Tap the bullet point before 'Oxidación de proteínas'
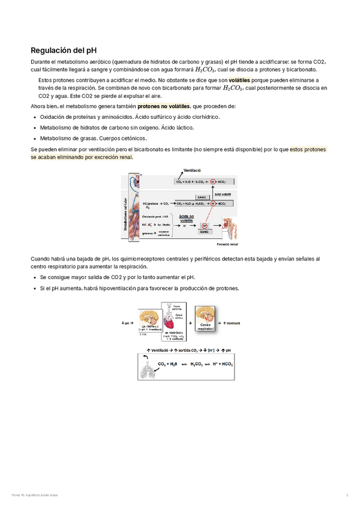[x=34, y=117]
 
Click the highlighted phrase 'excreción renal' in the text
[x=112, y=157]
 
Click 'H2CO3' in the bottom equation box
[x=199, y=364]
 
